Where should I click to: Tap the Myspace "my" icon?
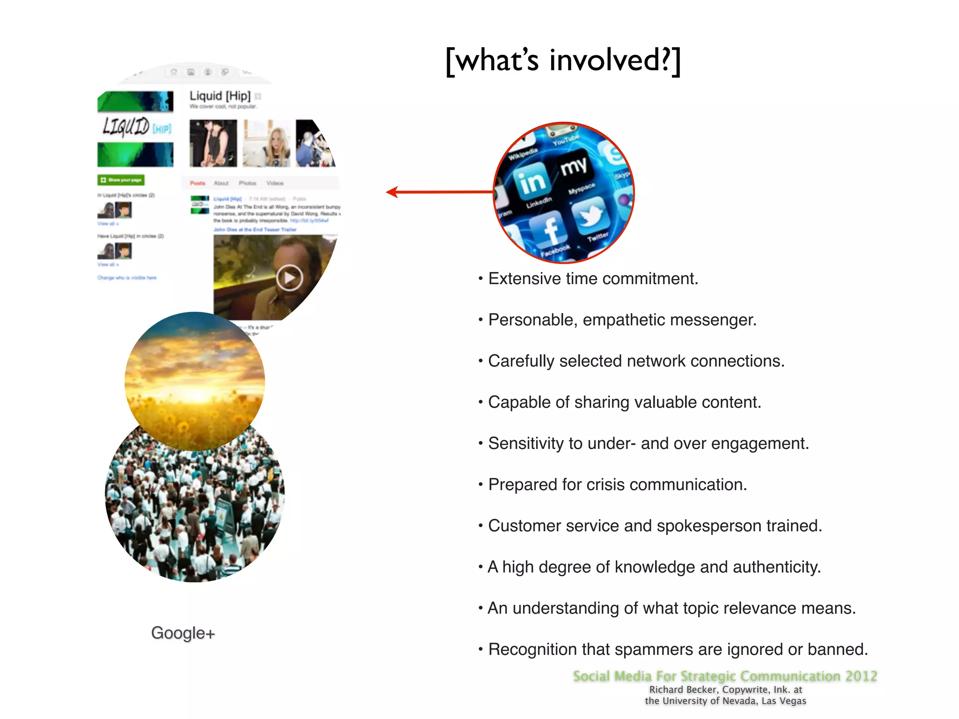[574, 167]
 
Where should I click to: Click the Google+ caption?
[183, 633]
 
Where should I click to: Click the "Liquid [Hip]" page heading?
[220, 96]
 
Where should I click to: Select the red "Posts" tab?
[197, 183]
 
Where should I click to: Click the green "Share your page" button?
[121, 180]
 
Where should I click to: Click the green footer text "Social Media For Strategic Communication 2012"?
[725, 676]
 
